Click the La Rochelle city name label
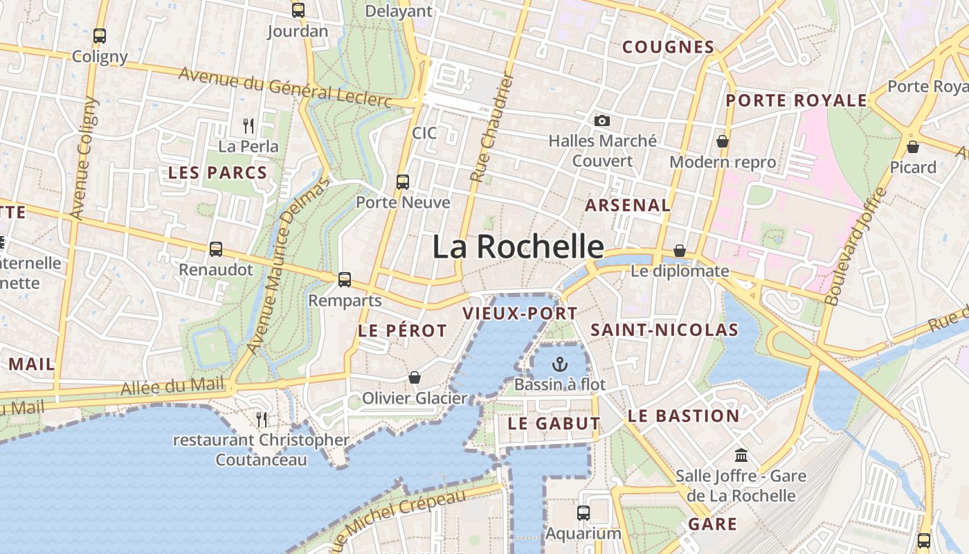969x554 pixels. pyautogui.click(x=518, y=247)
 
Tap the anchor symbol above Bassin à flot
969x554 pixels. pyautogui.click(x=559, y=364)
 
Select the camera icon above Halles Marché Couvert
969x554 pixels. pyautogui.click(x=602, y=120)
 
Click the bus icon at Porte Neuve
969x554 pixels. pyautogui.click(x=403, y=182)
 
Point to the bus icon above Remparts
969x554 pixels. pyautogui.click(x=345, y=280)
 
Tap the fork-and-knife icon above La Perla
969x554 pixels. pyautogui.click(x=248, y=126)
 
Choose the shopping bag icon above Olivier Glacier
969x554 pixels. pyautogui.click(x=415, y=377)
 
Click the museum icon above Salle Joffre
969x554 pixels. pyautogui.click(x=741, y=455)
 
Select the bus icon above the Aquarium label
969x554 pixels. pyautogui.click(x=583, y=513)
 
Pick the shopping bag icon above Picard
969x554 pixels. pyautogui.click(x=913, y=147)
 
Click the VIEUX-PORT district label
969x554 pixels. pyautogui.click(x=519, y=313)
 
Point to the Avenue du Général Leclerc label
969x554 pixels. pyautogui.click(x=285, y=87)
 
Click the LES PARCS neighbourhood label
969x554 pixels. pyautogui.click(x=218, y=173)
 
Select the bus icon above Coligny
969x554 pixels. pyautogui.click(x=100, y=36)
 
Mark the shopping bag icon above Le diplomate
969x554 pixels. pyautogui.click(x=680, y=251)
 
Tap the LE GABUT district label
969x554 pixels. pyautogui.click(x=554, y=423)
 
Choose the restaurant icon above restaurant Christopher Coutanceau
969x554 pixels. pyautogui.click(x=262, y=419)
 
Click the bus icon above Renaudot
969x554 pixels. pyautogui.click(x=216, y=249)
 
